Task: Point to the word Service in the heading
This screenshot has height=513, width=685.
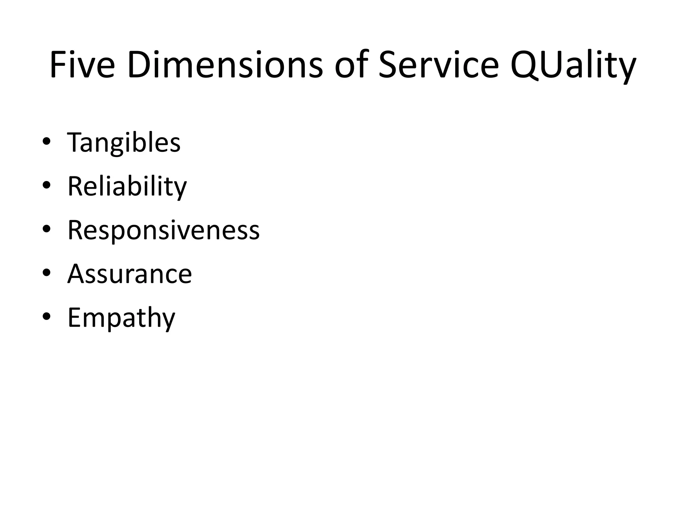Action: coord(438,65)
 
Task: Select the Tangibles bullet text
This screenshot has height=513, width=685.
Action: coord(124,143)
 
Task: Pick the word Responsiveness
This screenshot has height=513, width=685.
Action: coord(164,230)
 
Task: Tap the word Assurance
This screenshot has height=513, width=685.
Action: coord(130,274)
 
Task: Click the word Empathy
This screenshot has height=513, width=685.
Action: coord(121,318)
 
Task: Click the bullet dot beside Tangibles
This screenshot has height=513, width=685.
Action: coord(46,142)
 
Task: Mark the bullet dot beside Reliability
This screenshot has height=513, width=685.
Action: coord(46,185)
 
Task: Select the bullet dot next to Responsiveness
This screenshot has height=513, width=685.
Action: coord(46,229)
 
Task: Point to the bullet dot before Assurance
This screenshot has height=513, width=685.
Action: coord(46,273)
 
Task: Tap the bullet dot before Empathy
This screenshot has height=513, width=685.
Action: coord(46,317)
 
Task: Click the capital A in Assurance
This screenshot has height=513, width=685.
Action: coord(77,274)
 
